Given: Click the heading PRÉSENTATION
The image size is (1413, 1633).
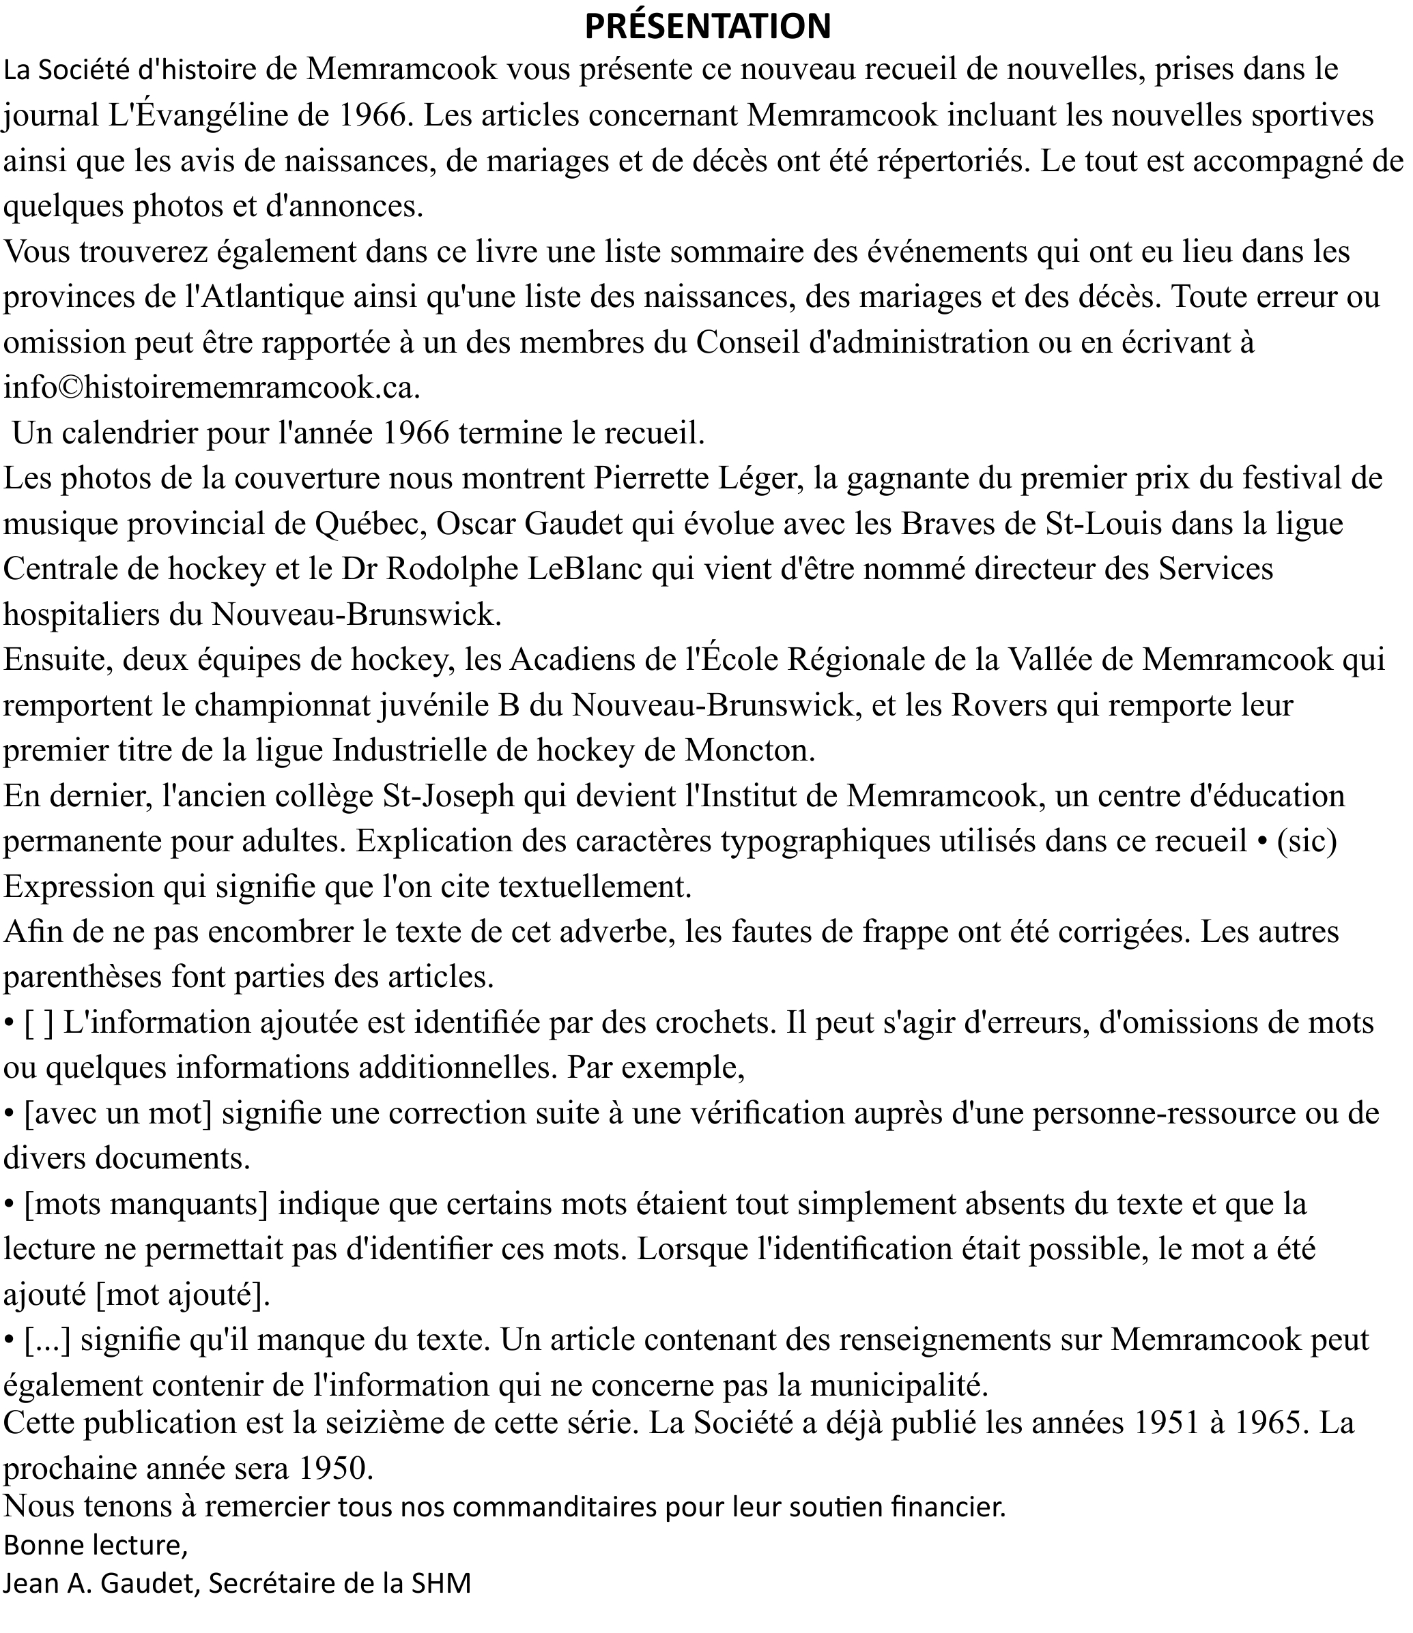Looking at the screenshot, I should [707, 26].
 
